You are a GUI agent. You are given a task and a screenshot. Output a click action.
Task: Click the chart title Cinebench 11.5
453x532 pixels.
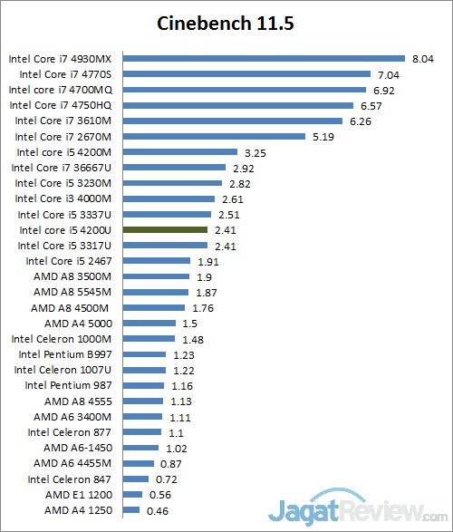coord(226,24)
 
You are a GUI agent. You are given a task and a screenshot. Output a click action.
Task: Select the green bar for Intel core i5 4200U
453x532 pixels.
coord(165,229)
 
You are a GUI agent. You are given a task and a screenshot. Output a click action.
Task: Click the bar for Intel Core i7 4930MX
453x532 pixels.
coord(265,59)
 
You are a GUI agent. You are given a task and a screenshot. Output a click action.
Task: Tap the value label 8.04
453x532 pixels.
coord(423,59)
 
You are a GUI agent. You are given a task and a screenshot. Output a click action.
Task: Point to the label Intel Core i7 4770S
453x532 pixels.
coord(65,74)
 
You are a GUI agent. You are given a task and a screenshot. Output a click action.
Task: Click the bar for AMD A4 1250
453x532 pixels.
coord(131,510)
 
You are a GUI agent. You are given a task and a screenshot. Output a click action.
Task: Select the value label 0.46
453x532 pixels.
coord(158,511)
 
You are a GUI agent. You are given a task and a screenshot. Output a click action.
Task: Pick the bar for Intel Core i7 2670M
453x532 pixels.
coord(214,136)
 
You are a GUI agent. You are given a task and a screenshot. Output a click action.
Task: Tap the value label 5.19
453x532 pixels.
coord(323,137)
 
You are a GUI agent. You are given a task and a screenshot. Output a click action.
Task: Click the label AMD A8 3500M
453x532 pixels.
coord(72,276)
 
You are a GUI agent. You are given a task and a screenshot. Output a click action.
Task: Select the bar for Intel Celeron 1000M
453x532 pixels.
coord(149,339)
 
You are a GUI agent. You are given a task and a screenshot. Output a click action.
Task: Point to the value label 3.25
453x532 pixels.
coord(255,153)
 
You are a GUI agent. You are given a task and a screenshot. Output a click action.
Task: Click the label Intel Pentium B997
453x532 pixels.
coord(65,354)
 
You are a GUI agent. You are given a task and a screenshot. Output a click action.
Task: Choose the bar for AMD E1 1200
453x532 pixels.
coord(132,494)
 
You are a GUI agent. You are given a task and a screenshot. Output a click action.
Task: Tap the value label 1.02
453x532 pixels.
coord(177,449)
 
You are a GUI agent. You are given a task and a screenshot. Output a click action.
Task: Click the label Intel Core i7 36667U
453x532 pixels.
coord(62,168)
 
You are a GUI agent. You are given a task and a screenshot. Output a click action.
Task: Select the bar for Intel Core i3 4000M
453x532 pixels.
coord(169,198)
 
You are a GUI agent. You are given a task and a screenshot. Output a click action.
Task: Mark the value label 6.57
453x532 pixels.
coord(371,106)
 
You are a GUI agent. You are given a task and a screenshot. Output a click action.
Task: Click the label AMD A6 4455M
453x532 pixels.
coord(72,463)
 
